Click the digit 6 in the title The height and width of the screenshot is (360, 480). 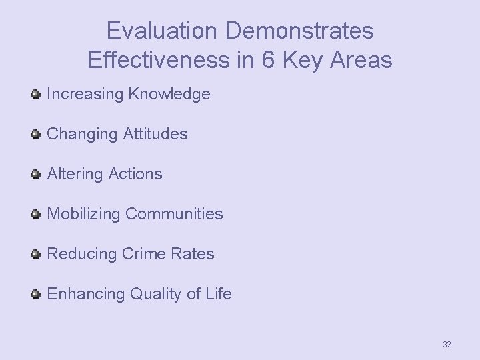click(267, 61)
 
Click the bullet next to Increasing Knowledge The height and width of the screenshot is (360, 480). click(36, 95)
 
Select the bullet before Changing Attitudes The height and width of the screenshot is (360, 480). click(36, 135)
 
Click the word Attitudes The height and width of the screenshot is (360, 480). click(155, 135)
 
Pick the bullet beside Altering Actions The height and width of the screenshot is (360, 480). click(36, 175)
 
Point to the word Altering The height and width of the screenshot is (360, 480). click(73, 175)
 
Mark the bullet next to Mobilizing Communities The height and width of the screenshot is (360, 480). click(36, 215)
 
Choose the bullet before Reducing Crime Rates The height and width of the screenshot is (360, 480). click(36, 255)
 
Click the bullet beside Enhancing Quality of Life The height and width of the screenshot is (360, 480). click(36, 295)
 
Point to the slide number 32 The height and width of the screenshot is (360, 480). click(447, 345)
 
